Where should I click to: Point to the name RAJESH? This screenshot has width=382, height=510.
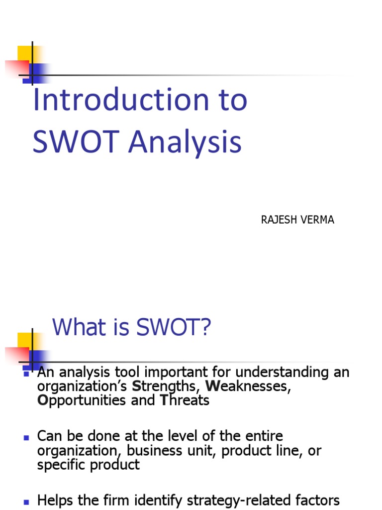tap(278, 220)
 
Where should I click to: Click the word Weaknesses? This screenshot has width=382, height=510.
tap(248, 386)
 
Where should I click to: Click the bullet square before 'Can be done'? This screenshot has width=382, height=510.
tap(26, 437)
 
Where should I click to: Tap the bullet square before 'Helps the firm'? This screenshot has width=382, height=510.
tap(26, 501)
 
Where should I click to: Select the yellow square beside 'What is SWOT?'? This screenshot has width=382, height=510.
tap(25, 341)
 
